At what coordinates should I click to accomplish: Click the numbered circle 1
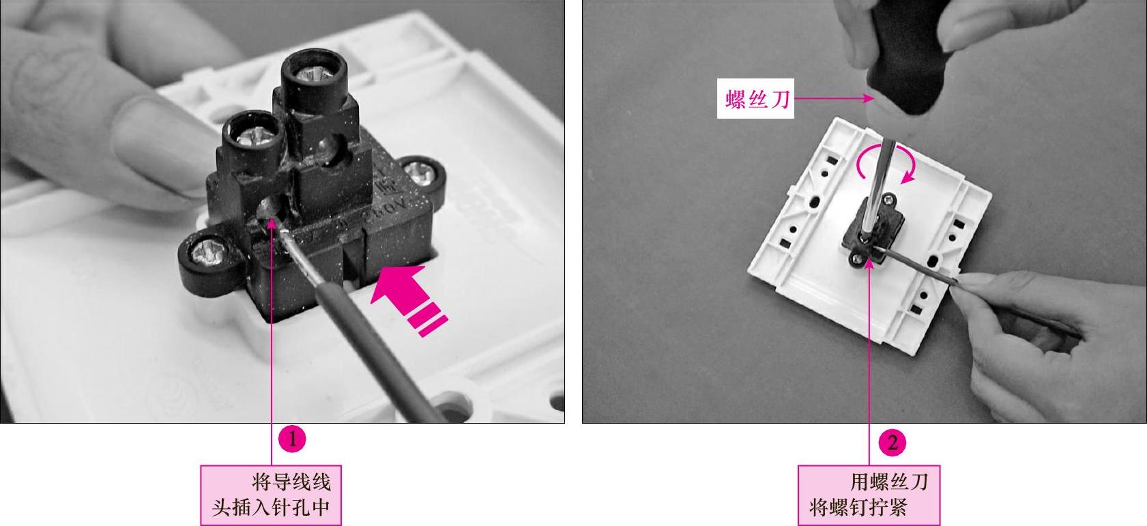(x=293, y=439)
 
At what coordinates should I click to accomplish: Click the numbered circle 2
(x=892, y=443)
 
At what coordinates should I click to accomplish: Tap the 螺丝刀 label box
(x=755, y=99)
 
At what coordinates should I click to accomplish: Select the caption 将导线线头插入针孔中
(x=271, y=495)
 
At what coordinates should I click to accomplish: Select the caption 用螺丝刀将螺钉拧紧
(x=869, y=495)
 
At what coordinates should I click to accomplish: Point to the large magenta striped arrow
(x=409, y=299)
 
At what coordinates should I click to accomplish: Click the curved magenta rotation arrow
(x=886, y=163)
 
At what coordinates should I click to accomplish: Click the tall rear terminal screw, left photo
(x=314, y=73)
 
